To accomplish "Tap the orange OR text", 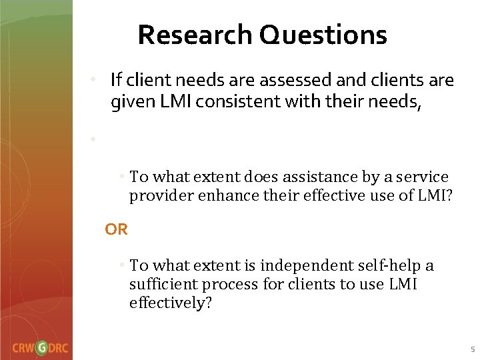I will pyautogui.click(x=116, y=229).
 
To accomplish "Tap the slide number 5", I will pyautogui.click(x=471, y=349).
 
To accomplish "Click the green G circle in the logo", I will pyautogui.click(x=42, y=347).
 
